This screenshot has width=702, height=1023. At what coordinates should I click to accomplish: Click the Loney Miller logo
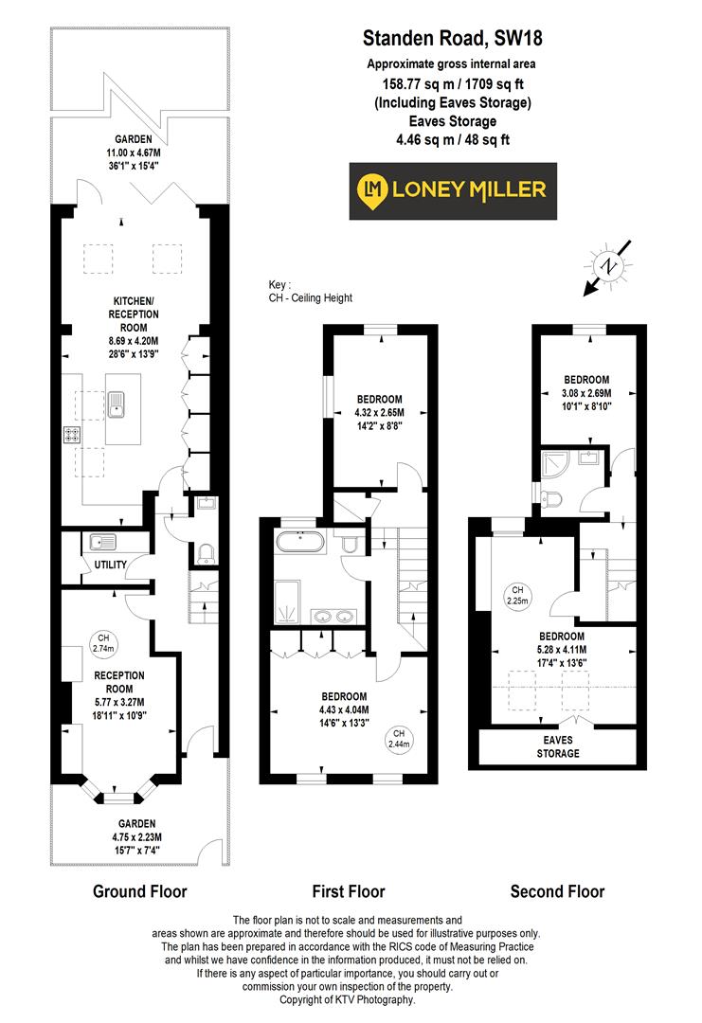tap(453, 190)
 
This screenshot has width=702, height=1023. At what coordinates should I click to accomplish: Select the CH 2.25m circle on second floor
tap(517, 595)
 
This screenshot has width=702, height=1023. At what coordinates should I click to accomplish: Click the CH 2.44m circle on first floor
tap(400, 739)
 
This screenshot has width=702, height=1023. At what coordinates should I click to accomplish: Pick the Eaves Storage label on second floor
tap(557, 747)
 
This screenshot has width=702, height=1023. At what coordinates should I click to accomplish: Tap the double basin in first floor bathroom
tap(335, 619)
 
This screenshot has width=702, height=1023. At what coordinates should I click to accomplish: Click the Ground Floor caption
tap(139, 891)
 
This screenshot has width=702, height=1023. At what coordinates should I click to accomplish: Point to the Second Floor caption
tap(557, 891)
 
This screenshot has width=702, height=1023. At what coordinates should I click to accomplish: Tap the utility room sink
tap(100, 543)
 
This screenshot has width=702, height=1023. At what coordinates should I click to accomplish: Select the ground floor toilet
tap(206, 552)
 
